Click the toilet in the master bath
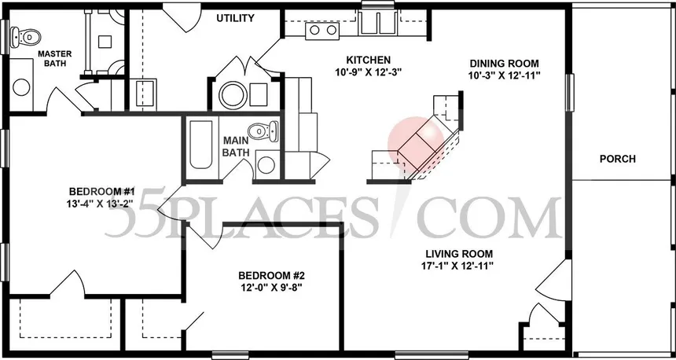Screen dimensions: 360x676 28,35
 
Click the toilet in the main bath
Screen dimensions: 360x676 259,130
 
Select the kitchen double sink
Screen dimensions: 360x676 318,31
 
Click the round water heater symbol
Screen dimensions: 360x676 233,96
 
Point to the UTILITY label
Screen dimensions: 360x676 235,18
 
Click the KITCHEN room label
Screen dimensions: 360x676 369,61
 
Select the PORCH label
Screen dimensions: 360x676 617,159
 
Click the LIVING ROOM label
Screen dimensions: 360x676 459,253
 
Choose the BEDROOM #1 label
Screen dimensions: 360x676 102,192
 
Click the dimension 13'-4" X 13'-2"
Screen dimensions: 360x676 102,204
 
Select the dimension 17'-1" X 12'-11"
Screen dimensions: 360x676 459,266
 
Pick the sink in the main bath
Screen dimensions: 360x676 266,163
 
